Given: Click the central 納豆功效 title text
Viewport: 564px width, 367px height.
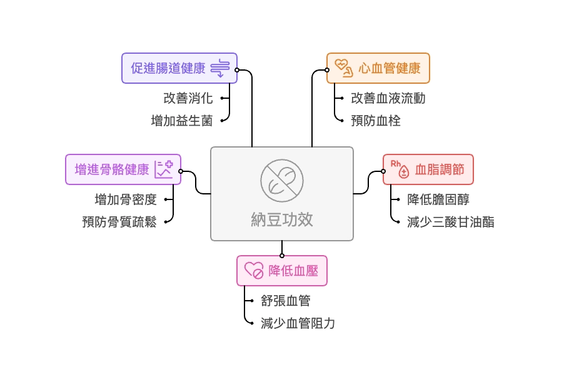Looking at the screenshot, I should (281, 219).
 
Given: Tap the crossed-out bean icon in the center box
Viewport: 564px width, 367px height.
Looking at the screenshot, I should (281, 179).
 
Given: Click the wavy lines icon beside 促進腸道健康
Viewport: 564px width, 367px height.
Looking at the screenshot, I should (221, 68).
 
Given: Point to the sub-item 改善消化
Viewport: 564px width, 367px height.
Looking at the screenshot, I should (188, 98).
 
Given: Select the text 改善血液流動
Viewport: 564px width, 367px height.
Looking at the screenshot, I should (388, 98).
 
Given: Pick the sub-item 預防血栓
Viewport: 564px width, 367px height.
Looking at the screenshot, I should (376, 121).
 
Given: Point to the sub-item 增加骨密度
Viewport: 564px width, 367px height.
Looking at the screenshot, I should (126, 199).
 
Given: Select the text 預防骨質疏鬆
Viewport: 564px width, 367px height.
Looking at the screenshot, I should (119, 221).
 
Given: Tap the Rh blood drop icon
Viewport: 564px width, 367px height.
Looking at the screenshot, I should (400, 169).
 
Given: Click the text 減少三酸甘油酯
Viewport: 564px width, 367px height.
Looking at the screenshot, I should (450, 221).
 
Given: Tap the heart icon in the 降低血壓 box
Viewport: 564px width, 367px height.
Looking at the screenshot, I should (254, 271).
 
